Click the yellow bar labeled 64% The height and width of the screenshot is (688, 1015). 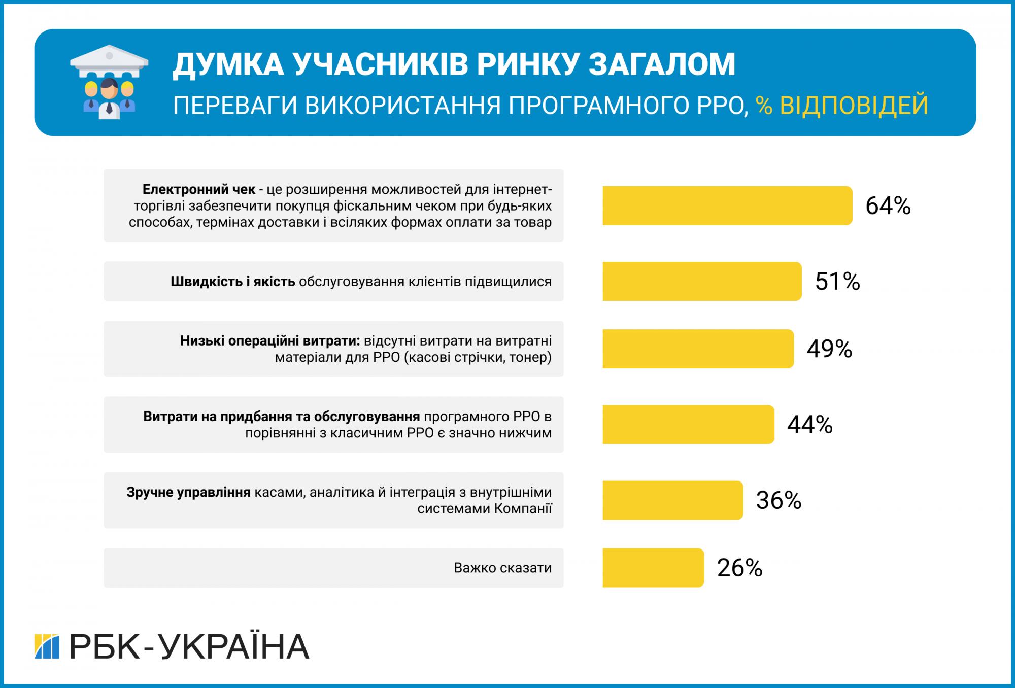(727, 205)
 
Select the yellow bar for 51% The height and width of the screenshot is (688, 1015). (701, 281)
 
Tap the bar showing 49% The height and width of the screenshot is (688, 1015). (698, 349)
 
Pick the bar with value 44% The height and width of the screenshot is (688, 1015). (688, 424)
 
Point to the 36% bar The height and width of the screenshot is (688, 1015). (672, 500)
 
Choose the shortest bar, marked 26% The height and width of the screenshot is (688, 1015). (653, 568)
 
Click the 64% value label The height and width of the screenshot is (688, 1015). (888, 206)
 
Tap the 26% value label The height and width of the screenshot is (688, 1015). (739, 568)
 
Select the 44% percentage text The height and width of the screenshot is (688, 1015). (810, 425)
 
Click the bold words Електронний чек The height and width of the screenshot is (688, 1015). (199, 190)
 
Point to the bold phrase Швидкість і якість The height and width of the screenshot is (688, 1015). (233, 282)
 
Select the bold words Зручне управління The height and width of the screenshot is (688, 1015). (189, 492)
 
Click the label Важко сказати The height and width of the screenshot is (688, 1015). (502, 568)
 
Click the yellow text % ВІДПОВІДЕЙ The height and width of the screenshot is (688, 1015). (842, 106)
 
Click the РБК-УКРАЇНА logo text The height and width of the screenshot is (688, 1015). (189, 646)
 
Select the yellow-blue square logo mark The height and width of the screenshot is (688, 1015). (47, 646)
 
